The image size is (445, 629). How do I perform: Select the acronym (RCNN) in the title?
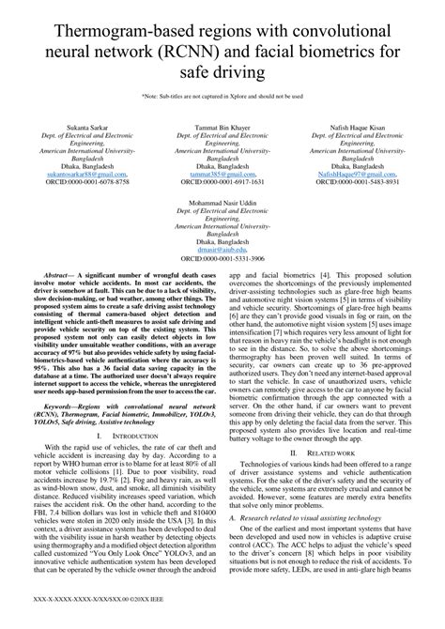tap(230, 46)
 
